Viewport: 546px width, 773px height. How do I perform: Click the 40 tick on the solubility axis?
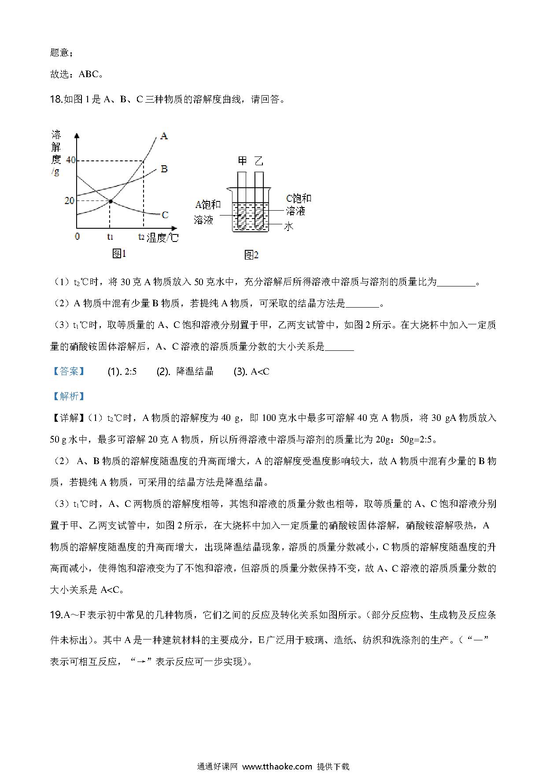pos(70,160)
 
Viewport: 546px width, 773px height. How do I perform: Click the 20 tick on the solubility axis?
pos(69,201)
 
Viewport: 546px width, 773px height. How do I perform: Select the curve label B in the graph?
pos(164,169)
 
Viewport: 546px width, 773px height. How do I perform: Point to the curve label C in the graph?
pos(165,215)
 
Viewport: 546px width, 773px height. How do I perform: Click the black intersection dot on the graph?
pos(110,201)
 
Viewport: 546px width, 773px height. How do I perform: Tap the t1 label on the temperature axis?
pos(110,237)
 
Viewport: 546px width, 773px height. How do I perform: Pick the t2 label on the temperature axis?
pos(141,237)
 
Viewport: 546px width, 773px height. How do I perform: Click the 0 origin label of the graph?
pos(77,237)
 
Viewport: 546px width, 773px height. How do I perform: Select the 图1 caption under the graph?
pos(119,253)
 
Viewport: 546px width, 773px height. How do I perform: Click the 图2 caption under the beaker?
pos(251,255)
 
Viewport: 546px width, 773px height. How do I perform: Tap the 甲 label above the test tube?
pos(243,161)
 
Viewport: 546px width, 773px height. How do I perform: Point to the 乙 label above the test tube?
pos(259,161)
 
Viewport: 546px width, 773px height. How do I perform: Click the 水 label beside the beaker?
pos(288,226)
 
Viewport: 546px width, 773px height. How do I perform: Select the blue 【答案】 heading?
pos(68,372)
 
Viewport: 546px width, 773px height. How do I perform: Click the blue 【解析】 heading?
pos(68,396)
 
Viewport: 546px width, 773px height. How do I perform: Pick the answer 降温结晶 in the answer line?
pos(195,372)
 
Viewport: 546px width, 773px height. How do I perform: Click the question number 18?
pos(56,100)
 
